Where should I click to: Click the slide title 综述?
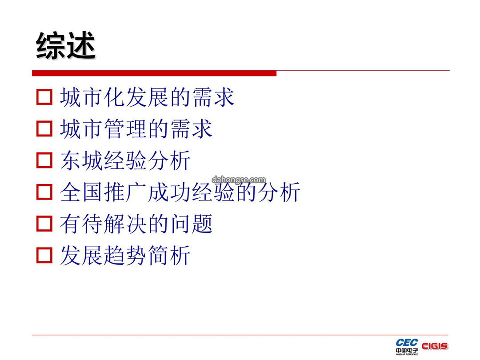point(66,46)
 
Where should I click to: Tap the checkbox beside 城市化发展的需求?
point(44,97)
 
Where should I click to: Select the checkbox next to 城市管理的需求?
point(44,128)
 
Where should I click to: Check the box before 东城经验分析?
point(44,160)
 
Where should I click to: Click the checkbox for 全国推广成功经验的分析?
point(44,192)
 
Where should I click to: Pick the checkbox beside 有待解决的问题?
point(44,224)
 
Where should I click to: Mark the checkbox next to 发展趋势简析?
point(44,255)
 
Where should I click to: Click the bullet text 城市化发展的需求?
point(147,97)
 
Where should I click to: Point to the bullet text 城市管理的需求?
point(136,129)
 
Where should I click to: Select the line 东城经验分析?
point(125,160)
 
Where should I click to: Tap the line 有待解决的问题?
point(136,224)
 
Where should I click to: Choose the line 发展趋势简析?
point(125,255)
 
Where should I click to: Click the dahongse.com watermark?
point(239,180)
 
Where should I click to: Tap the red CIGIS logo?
point(435,346)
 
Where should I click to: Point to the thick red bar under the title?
point(154,73)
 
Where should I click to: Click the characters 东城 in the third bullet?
point(81,160)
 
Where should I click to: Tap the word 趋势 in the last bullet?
point(125,255)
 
